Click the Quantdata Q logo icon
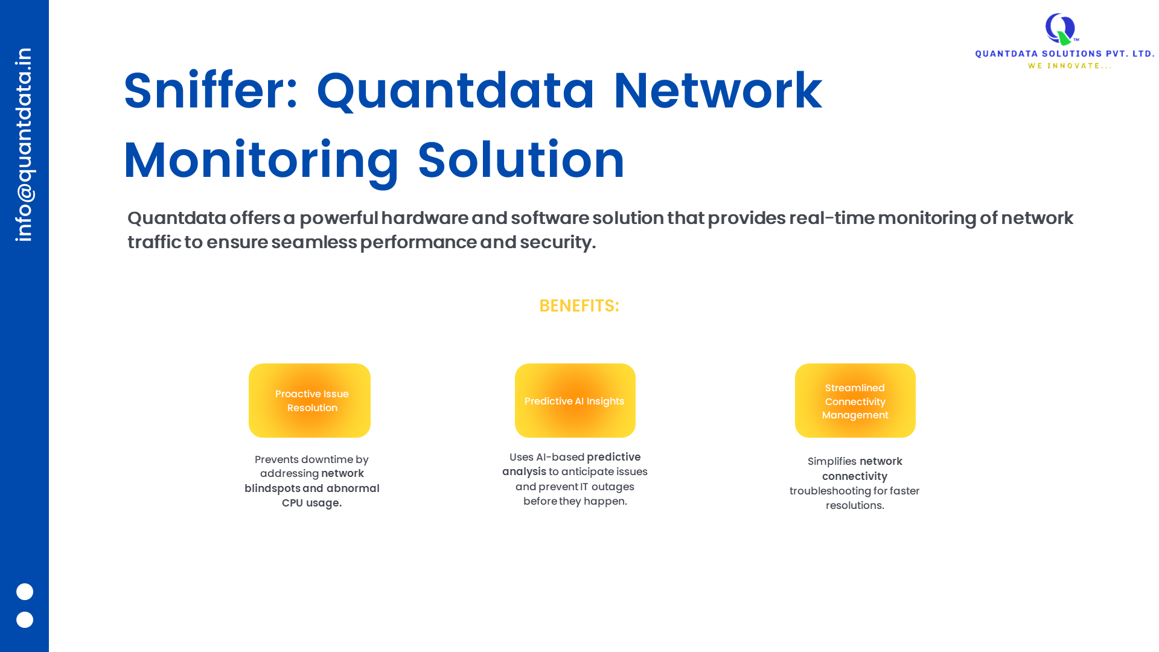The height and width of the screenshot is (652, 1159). (1061, 29)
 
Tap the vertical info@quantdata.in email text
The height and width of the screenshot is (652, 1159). (24, 145)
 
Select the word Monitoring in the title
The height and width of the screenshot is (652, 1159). (261, 161)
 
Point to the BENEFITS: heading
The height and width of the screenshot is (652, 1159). (579, 305)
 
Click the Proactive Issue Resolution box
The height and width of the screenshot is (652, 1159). (310, 400)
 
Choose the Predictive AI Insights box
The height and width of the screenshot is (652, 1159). (575, 400)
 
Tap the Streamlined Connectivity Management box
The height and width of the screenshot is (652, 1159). (855, 400)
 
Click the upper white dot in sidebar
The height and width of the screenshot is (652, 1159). (25, 592)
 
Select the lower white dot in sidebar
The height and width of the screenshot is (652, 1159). (25, 619)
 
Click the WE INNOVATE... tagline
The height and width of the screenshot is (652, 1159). (1070, 66)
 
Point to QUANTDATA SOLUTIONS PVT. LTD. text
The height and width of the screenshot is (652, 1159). (1065, 54)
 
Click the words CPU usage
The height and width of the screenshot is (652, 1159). (311, 503)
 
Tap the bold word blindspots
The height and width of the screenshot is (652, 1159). (272, 488)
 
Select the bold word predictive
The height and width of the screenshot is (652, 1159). (613, 457)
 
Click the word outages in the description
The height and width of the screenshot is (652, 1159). (613, 487)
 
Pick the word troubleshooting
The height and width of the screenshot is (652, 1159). (830, 491)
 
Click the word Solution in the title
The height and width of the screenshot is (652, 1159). (521, 161)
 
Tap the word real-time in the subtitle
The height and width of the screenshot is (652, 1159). (832, 218)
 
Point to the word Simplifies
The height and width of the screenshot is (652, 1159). (832, 462)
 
